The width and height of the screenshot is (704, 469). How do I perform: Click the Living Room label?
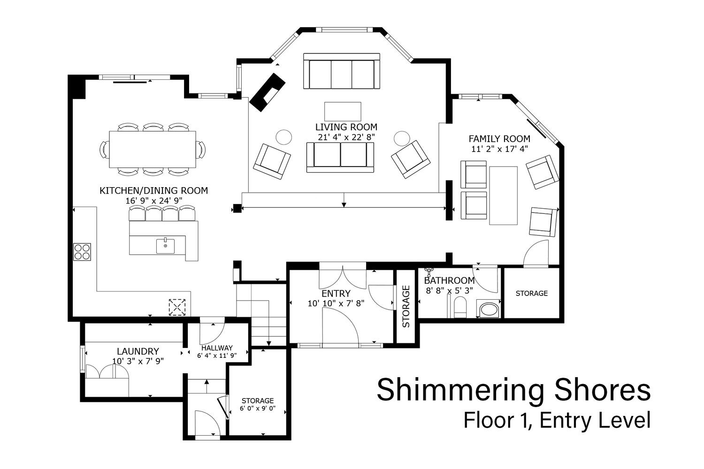(x=346, y=127)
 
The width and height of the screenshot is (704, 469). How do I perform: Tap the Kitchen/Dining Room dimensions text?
(x=154, y=200)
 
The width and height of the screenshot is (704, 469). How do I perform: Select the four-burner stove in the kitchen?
(x=82, y=252)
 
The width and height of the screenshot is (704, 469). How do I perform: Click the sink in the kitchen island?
(x=165, y=246)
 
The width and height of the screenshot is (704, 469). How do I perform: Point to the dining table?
(x=153, y=149)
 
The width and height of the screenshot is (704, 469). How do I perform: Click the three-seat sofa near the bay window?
(x=342, y=71)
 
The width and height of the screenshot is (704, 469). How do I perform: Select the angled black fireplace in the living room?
(x=267, y=92)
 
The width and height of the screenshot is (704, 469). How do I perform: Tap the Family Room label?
(x=499, y=138)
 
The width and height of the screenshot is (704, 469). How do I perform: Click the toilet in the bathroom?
(x=460, y=308)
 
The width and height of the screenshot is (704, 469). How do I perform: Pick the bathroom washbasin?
(x=488, y=309)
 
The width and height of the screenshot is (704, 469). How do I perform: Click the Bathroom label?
(x=450, y=280)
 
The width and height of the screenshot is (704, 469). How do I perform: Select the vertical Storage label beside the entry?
(x=406, y=306)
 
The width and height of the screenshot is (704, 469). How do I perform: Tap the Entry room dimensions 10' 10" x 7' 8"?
(x=336, y=303)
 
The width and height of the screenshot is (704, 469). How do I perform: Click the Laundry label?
(x=138, y=351)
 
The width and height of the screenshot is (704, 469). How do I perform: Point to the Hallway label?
(x=217, y=348)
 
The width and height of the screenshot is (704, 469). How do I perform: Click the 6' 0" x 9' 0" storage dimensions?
(x=258, y=408)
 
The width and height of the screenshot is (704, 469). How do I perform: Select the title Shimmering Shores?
(x=513, y=390)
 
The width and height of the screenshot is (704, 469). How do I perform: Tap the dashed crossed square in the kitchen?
(x=177, y=307)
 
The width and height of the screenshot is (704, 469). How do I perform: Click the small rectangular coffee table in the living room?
(x=343, y=111)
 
